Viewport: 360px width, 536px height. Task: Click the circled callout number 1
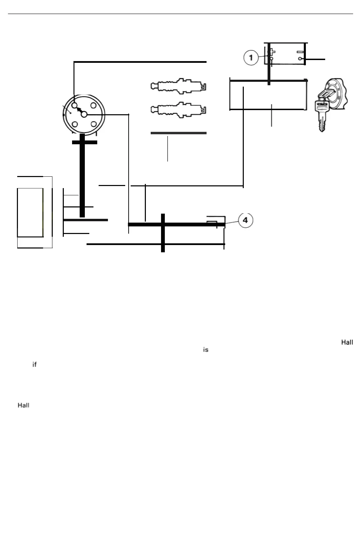click(251, 58)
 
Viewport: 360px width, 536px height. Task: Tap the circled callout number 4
click(245, 220)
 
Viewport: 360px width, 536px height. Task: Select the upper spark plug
click(178, 86)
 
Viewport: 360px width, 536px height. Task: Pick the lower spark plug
click(178, 110)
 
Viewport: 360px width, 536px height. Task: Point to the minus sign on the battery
click(300, 52)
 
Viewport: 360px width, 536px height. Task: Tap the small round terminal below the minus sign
click(300, 59)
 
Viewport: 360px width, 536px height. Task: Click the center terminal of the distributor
click(84, 114)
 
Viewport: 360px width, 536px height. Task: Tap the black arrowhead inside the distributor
click(79, 110)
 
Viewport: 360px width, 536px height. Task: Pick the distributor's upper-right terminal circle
click(93, 106)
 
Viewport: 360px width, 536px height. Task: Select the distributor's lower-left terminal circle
click(75, 124)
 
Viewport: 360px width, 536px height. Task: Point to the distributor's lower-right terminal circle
click(93, 124)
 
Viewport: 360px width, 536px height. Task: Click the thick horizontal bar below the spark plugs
click(178, 133)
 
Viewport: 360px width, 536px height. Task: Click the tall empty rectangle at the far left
click(30, 213)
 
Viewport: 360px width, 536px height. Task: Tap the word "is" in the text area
click(206, 350)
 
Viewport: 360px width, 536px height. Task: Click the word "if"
click(34, 364)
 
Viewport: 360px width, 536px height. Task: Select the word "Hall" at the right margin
click(347, 342)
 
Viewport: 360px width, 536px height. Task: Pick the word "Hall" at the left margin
click(23, 405)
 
